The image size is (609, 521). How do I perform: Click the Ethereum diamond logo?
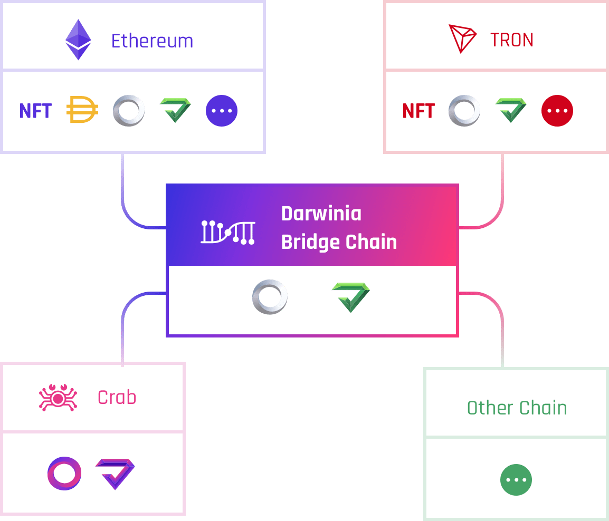click(x=78, y=40)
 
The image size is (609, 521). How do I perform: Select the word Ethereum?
click(x=152, y=41)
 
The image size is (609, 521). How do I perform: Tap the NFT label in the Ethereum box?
click(x=35, y=111)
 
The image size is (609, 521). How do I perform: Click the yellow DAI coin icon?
click(x=82, y=111)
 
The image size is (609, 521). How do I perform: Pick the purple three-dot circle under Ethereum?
click(x=222, y=111)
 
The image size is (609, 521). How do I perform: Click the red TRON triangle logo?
click(x=462, y=38)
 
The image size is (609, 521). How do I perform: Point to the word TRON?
click(x=512, y=40)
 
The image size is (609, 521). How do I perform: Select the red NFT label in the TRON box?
click(x=418, y=111)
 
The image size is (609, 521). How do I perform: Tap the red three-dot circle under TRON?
click(x=557, y=111)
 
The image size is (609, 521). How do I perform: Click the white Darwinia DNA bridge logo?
click(x=227, y=232)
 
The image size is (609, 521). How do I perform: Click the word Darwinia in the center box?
click(x=321, y=214)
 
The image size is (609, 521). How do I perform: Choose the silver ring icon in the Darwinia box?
click(x=270, y=297)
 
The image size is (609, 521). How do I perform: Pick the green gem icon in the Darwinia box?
click(x=350, y=296)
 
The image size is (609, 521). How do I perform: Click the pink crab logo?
click(x=58, y=398)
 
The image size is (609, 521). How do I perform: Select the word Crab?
click(x=117, y=397)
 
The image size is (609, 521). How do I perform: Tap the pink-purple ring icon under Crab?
click(x=64, y=473)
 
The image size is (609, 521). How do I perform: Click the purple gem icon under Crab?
click(x=115, y=473)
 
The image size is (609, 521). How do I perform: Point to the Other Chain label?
click(x=517, y=408)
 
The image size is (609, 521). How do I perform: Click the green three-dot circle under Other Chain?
click(x=516, y=480)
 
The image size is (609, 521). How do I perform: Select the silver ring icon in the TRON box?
click(x=464, y=111)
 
